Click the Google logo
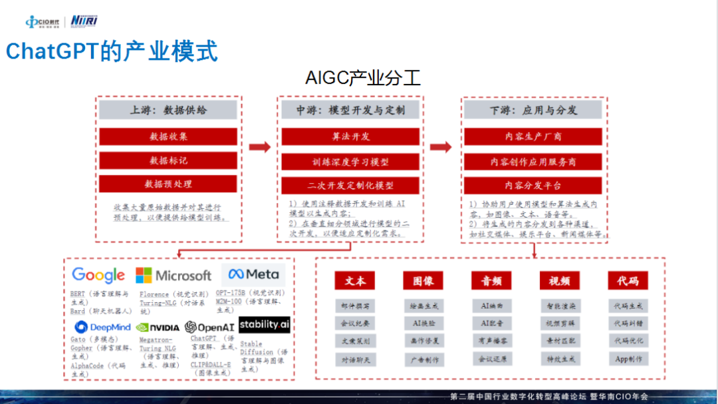tap(98, 275)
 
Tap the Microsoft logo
tap(174, 275)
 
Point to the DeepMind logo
tap(102, 327)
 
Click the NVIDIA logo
tap(158, 327)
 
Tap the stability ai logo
tap(264, 325)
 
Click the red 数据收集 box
tap(168, 136)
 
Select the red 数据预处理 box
tap(168, 184)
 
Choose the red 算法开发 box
tap(351, 136)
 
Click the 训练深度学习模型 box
tap(351, 161)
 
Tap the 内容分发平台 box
tap(533, 185)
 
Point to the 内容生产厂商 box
tap(533, 136)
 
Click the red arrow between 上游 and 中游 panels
tap(259, 147)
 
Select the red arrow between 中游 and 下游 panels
tap(440, 147)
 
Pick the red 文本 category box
tap(355, 280)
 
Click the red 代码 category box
tap(628, 280)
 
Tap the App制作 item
tap(628, 359)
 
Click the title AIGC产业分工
tap(363, 78)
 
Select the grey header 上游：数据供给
tap(168, 110)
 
